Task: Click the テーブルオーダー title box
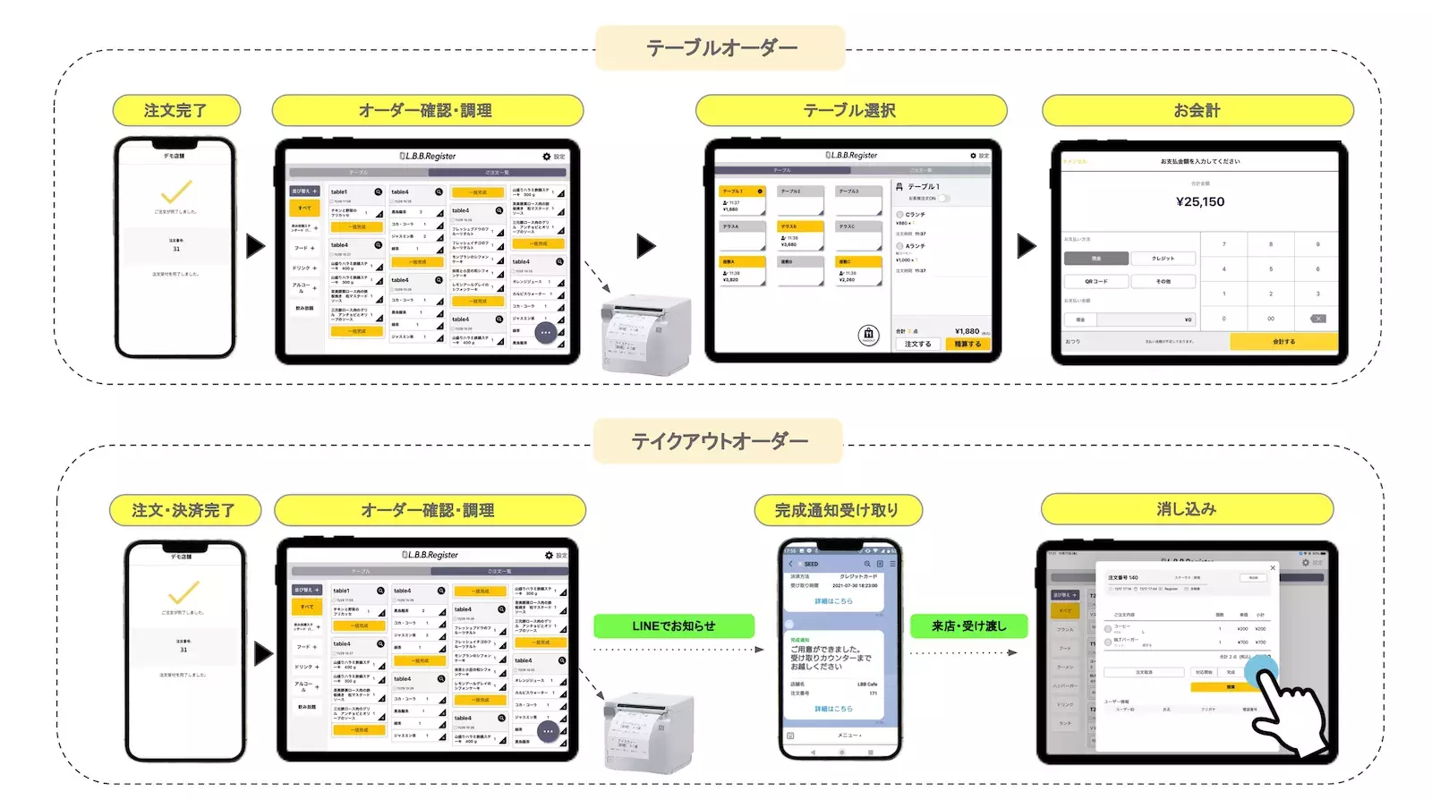click(x=720, y=48)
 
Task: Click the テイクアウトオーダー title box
click(x=719, y=441)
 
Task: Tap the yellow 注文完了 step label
click(x=176, y=111)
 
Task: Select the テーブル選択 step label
click(x=850, y=111)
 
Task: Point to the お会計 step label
click(x=1197, y=111)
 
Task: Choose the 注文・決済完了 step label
click(x=184, y=510)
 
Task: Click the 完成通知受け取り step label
click(x=837, y=510)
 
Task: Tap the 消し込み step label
click(x=1187, y=509)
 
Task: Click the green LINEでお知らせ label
click(x=674, y=626)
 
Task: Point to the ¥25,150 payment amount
click(x=1200, y=202)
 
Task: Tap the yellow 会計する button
click(x=1283, y=342)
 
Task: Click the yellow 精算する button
click(x=967, y=344)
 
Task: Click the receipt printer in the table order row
click(x=646, y=335)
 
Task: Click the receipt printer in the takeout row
click(x=647, y=731)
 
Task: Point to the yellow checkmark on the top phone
click(x=176, y=192)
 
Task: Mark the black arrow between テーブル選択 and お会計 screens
click(x=1027, y=246)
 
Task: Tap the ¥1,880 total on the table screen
click(x=967, y=331)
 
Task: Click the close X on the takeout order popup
click(x=1273, y=568)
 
